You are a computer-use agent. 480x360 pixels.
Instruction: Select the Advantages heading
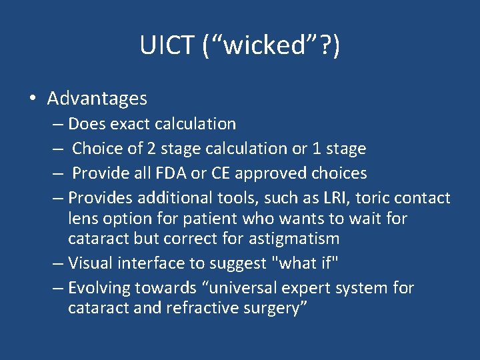[97, 99]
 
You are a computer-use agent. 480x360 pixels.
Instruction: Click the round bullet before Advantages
[32, 99]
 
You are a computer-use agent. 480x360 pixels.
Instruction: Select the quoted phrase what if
[302, 263]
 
